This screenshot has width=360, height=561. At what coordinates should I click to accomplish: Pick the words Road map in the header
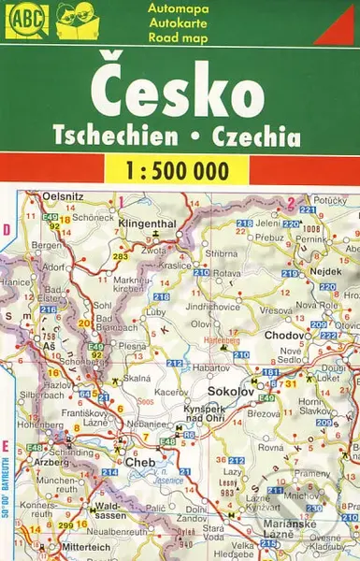[x=173, y=38]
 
